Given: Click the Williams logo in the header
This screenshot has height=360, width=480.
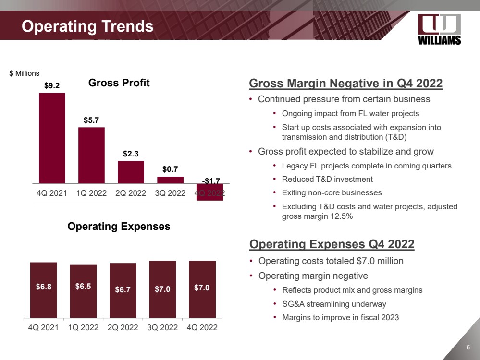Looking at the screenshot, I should (x=439, y=29).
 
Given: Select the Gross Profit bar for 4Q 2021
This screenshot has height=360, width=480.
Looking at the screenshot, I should (x=52, y=138).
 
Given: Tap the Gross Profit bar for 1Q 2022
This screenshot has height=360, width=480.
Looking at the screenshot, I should (x=91, y=155).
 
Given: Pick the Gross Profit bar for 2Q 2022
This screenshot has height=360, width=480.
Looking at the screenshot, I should (x=131, y=172).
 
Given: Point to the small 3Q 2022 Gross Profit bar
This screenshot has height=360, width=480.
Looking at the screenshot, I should (x=170, y=180).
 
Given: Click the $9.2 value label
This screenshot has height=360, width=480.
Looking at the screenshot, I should (x=52, y=86).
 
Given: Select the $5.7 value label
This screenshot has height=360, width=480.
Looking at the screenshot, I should (x=91, y=120).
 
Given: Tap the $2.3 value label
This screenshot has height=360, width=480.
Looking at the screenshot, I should (x=131, y=154).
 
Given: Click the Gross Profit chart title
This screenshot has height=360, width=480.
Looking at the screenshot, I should (x=119, y=83).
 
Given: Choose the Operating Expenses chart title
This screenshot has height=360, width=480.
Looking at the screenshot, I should (x=119, y=226).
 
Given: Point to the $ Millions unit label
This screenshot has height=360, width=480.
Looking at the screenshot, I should (x=25, y=73).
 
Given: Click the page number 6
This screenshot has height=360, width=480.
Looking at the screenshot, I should (x=468, y=348).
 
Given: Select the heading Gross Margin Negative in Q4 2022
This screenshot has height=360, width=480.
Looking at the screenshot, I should (x=345, y=84).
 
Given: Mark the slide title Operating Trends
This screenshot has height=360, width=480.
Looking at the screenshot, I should (x=87, y=26).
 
